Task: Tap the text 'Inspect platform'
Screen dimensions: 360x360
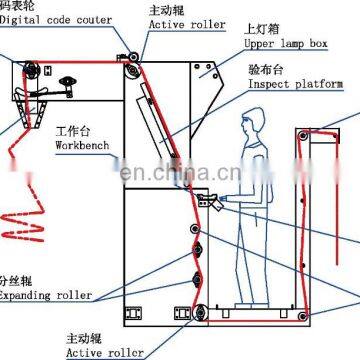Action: pos(299,86)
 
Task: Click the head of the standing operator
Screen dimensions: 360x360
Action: pos(250,127)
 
